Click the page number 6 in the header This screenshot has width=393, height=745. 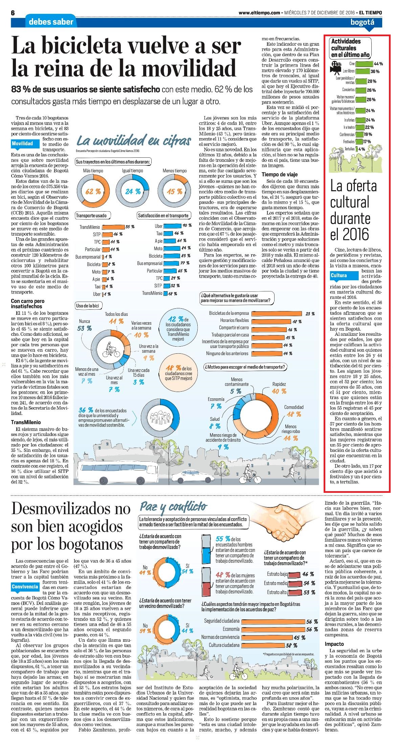point(14,13)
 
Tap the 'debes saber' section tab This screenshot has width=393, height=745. point(51,22)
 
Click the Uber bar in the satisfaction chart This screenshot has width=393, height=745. point(173,226)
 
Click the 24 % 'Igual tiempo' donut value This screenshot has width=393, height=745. point(133,192)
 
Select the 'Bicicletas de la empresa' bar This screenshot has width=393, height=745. point(276,313)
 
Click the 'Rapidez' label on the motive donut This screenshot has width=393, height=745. point(279,384)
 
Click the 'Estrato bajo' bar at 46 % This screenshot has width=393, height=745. point(295,574)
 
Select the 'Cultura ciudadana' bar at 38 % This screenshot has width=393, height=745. point(262,645)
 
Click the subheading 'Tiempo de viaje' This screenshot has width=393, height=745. point(280,174)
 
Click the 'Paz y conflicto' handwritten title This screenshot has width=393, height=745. point(173,506)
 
